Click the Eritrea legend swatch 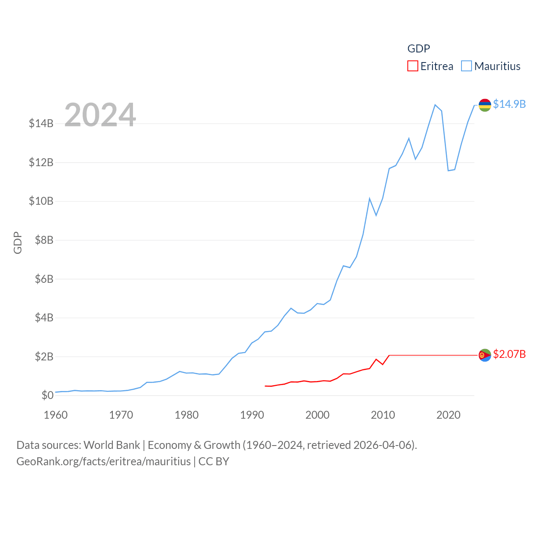click(413, 66)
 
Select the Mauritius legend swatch click(467, 66)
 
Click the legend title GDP click(419, 49)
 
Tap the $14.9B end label click(509, 104)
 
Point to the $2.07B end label click(509, 354)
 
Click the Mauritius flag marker click(485, 105)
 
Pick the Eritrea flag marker click(485, 355)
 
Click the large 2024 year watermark click(100, 115)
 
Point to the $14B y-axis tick click(41, 123)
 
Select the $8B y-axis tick click(41, 240)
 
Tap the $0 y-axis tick click(47, 395)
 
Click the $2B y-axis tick click(44, 357)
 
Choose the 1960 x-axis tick click(56, 415)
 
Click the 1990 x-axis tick click(252, 415)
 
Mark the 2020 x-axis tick click(448, 415)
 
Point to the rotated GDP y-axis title click(18, 242)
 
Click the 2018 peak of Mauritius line click(435, 105)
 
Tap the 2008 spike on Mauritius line click(370, 198)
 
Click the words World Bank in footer click(112, 445)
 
